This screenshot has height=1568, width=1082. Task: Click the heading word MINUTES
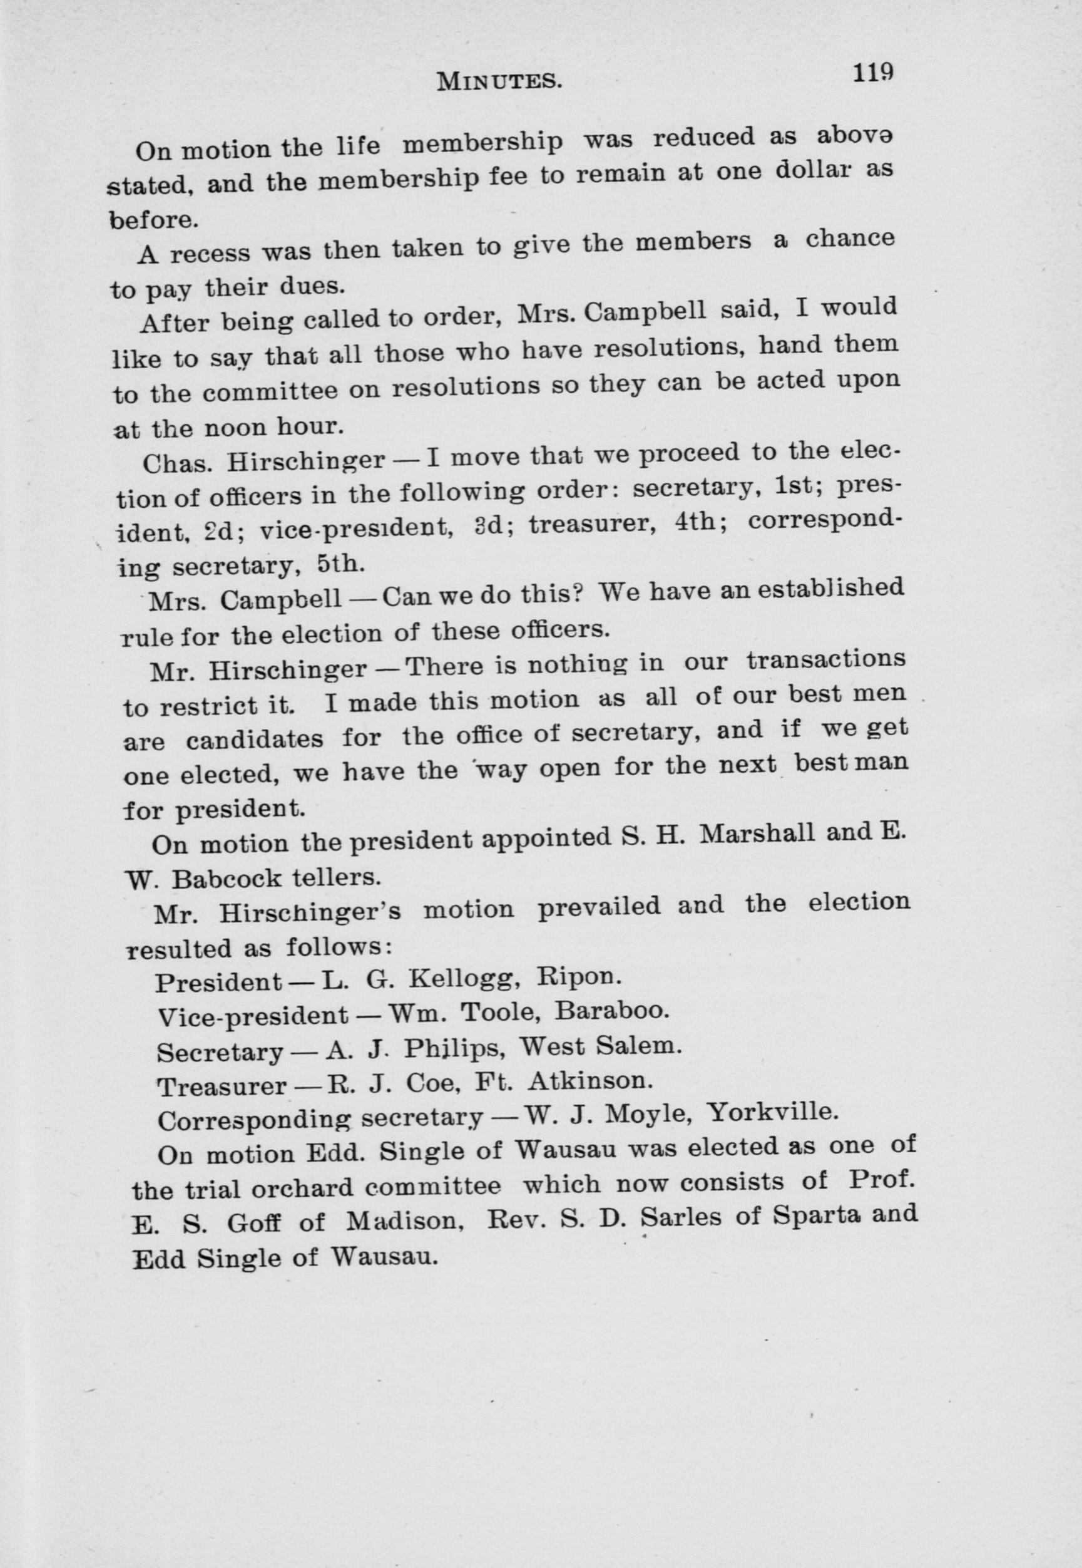click(499, 81)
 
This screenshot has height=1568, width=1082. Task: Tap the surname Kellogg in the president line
click(471, 979)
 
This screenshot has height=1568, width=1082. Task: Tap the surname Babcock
click(227, 879)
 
